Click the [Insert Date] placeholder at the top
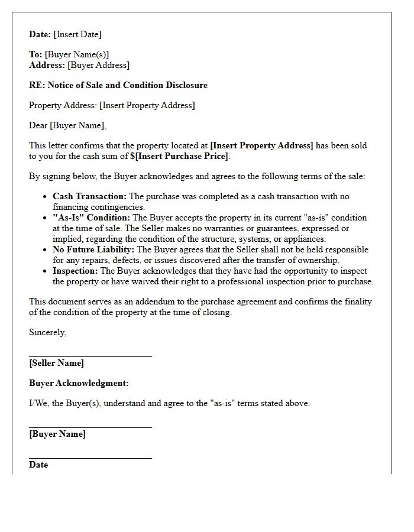point(77,34)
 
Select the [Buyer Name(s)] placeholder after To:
point(77,54)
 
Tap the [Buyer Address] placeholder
point(98,65)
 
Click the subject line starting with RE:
point(118,85)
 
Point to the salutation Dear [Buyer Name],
point(67,125)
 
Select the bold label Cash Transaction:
point(89,196)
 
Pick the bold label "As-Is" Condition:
point(91,218)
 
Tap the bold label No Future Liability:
point(93,249)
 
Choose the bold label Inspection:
point(75,271)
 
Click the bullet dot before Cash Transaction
point(45,197)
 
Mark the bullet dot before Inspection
point(45,271)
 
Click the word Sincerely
point(47,332)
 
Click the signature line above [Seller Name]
point(90,356)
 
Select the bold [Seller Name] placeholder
point(56,363)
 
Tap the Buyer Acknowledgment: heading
point(79,383)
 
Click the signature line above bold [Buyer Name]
point(90,427)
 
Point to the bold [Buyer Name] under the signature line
point(57,434)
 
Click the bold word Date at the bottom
point(38,465)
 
